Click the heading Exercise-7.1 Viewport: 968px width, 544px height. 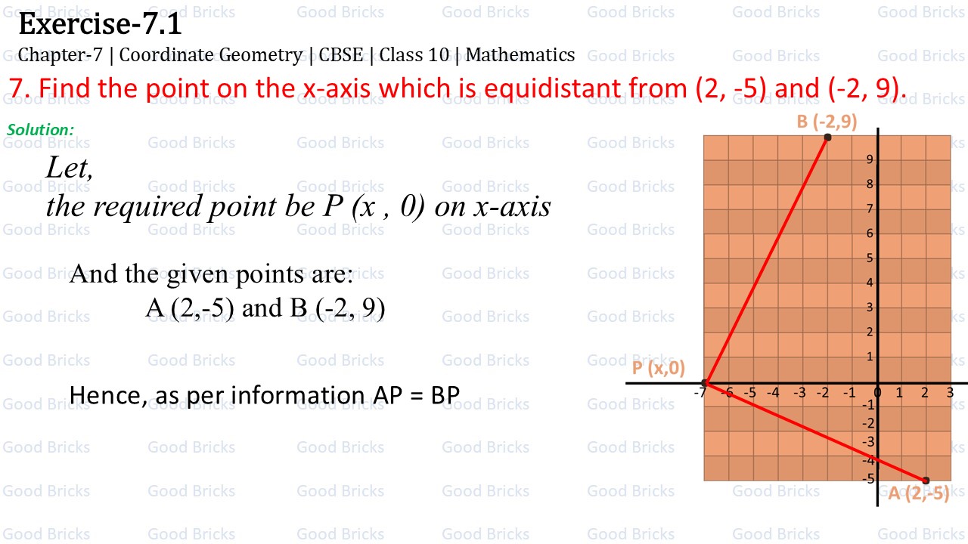tap(100, 25)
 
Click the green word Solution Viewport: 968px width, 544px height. tap(40, 130)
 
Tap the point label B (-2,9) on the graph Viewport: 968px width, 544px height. tap(827, 122)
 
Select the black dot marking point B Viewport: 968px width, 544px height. tap(827, 138)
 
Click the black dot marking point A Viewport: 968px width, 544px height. tap(926, 481)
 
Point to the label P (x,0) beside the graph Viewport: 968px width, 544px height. tap(658, 368)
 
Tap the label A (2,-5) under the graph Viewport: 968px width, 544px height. tap(918, 494)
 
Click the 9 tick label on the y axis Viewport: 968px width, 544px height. tap(870, 159)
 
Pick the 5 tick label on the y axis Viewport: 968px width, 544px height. tap(870, 258)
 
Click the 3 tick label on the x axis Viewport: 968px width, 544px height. tap(950, 393)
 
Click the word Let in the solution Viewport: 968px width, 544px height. tap(70, 168)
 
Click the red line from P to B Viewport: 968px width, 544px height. tap(767, 260)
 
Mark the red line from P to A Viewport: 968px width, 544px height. tap(815, 431)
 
